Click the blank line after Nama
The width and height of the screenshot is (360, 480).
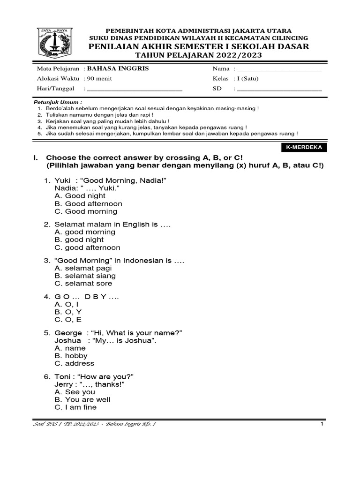279,70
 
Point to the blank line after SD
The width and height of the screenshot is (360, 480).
279,89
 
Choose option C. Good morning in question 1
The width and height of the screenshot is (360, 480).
82,211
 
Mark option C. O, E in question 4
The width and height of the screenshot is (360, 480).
68,320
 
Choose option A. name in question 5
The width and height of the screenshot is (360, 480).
70,348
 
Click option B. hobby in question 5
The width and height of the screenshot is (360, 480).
71,356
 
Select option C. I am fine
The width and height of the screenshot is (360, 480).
75,407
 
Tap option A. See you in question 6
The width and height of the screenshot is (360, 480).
75,392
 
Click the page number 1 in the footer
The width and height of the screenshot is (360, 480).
322,424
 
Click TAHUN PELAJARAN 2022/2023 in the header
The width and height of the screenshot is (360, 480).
199,55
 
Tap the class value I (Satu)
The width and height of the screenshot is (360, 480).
248,79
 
